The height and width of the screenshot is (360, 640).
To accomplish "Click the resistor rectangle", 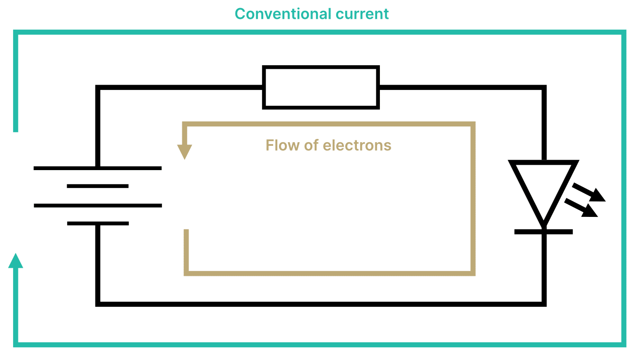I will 320,87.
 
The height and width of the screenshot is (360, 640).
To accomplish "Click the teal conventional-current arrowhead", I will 16,261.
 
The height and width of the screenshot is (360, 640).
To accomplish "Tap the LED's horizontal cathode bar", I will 544,232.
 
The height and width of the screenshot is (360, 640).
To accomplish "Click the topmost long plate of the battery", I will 98,168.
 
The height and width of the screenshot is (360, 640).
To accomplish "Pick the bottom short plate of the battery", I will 98,223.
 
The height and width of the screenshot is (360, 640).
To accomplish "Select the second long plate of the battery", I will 98,206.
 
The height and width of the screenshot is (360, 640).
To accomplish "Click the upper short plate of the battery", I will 98,186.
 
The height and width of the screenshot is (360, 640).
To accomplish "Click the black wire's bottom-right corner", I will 544,304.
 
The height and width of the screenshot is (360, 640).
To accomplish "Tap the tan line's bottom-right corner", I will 473,273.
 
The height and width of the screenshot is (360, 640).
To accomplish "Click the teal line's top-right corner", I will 623,32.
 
